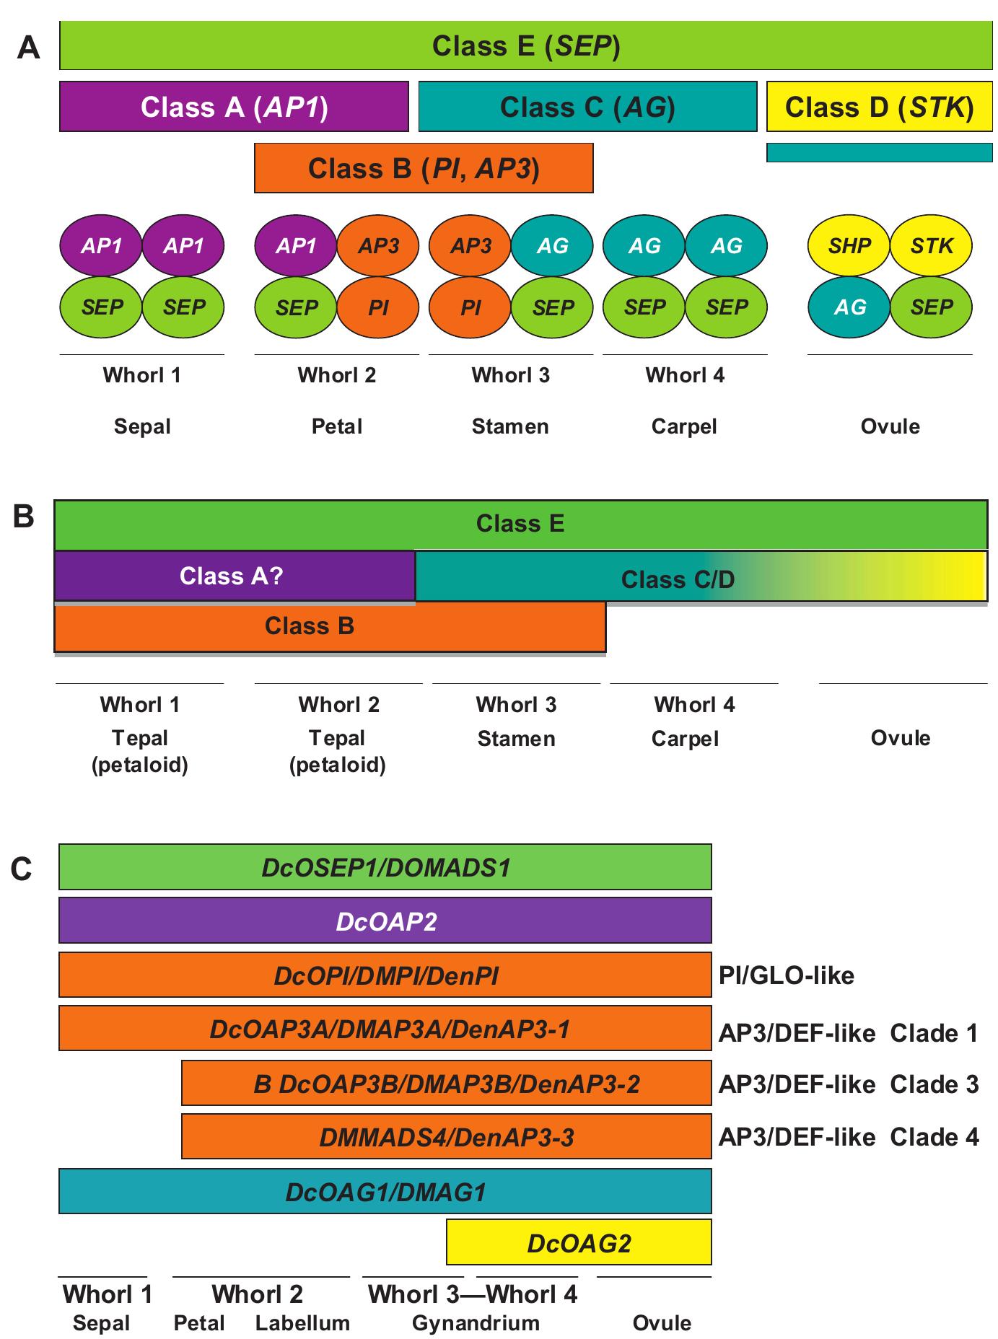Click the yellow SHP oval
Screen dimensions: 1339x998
pos(849,246)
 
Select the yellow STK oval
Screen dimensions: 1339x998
pos(931,246)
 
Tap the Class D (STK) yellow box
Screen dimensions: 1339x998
pos(879,107)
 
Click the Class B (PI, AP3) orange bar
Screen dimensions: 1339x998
pos(424,168)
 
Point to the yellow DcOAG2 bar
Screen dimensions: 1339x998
pos(579,1243)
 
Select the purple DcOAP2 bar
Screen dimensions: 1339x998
pos(385,921)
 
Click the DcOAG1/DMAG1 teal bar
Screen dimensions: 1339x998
pos(385,1192)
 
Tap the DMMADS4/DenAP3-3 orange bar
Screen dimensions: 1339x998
pos(446,1138)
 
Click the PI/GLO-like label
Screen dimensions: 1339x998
pos(786,976)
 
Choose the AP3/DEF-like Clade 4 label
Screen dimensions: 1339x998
pos(849,1138)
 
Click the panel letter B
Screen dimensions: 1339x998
pos(24,517)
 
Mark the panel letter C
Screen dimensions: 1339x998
pos(22,869)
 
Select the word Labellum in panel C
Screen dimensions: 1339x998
pos(302,1323)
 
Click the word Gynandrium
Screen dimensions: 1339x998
pos(476,1323)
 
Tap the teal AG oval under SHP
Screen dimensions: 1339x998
pos(849,307)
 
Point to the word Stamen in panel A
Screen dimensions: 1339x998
pos(510,426)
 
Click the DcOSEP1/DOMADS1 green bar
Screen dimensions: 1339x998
pos(385,867)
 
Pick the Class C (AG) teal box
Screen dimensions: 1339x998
pos(587,107)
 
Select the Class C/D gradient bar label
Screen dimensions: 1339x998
pos(677,579)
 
